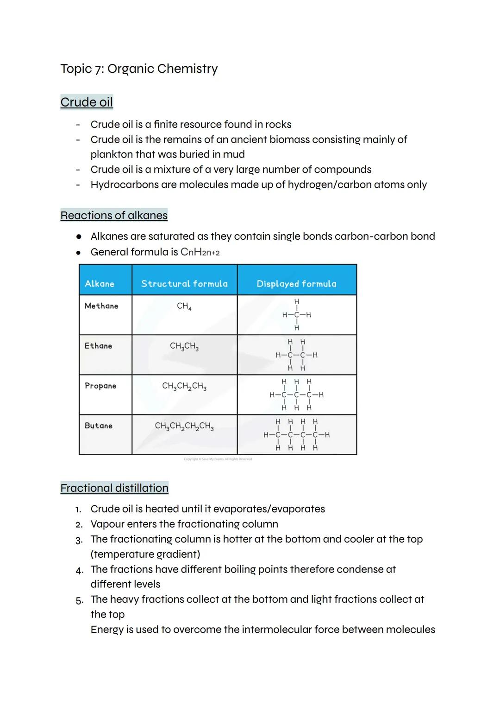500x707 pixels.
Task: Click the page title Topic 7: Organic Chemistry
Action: (x=139, y=69)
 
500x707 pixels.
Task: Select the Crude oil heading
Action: (x=87, y=102)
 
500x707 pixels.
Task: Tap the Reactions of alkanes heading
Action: (x=114, y=216)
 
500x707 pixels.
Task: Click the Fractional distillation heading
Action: (x=114, y=488)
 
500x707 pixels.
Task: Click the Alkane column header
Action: (x=100, y=284)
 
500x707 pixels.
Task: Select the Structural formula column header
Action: (x=184, y=284)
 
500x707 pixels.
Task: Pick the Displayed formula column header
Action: (x=296, y=284)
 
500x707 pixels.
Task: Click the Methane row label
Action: (x=101, y=306)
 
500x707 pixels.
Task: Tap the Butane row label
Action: (x=99, y=426)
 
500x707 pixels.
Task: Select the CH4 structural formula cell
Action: (x=184, y=306)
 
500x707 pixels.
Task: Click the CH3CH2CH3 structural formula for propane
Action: (x=184, y=386)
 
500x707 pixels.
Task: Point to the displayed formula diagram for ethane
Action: (x=296, y=355)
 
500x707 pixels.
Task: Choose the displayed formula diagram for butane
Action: (x=296, y=435)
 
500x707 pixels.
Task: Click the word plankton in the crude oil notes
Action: (x=111, y=154)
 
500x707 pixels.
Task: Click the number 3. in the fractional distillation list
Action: (x=79, y=540)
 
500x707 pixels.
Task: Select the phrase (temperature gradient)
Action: (x=145, y=554)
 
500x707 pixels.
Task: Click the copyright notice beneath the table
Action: (x=218, y=459)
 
